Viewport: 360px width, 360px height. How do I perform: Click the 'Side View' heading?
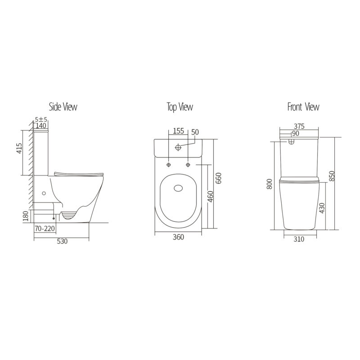click(x=63, y=107)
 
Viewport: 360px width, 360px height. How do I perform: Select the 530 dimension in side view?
click(x=62, y=242)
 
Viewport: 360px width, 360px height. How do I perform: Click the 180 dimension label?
click(x=26, y=217)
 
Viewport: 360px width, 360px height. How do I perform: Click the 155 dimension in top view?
click(x=178, y=131)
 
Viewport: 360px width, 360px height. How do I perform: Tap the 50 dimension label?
click(x=195, y=131)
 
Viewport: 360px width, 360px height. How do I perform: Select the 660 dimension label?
click(x=219, y=179)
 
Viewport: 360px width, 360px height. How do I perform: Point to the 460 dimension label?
click(x=211, y=197)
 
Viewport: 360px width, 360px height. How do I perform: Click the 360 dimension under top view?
click(x=178, y=238)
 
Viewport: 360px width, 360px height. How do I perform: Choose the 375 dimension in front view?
click(x=299, y=127)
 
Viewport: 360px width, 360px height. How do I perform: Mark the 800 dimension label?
click(x=270, y=184)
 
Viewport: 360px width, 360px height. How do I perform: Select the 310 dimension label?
click(x=299, y=239)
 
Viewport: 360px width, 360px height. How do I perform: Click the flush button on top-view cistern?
click(x=179, y=147)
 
